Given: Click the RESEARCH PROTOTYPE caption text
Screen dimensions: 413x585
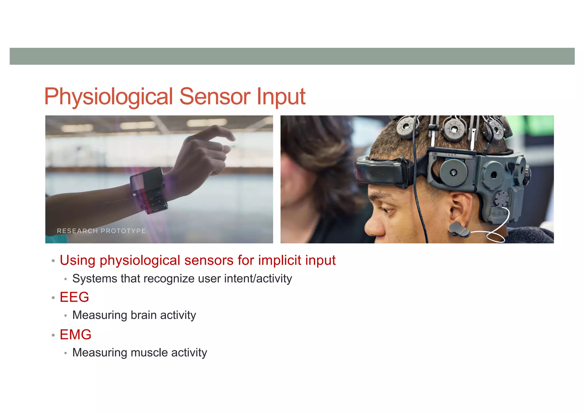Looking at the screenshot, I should point(101,231).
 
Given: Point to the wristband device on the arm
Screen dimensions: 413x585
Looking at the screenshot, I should point(149,190).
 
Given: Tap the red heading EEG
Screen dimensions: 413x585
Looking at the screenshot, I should point(74,297).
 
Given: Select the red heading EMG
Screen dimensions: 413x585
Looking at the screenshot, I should point(75,335).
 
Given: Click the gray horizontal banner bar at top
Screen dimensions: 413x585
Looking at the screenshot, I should point(292,56).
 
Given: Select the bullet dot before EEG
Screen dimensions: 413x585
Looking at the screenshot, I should point(53,298).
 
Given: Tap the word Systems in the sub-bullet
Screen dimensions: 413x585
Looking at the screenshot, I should point(95,279).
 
